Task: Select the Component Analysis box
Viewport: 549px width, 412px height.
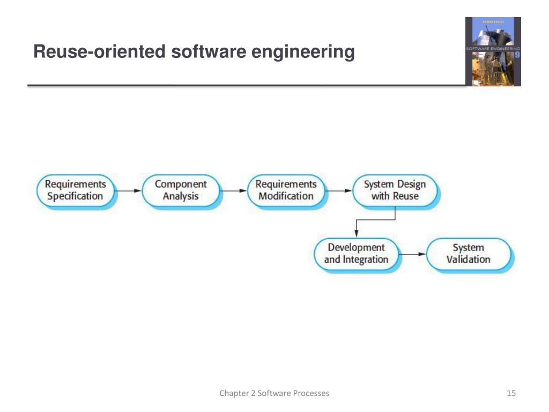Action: pos(181,190)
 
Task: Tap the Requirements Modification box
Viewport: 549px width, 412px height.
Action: pos(286,190)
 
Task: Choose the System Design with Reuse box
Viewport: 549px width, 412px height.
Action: pos(395,190)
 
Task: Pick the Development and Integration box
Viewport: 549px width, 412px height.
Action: pos(356,254)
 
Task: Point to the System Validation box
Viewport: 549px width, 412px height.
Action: pos(468,254)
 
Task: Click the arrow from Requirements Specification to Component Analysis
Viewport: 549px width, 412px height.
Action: pos(129,190)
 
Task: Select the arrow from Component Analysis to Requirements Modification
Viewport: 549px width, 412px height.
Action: pos(234,190)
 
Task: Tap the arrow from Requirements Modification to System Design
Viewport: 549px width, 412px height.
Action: pos(339,190)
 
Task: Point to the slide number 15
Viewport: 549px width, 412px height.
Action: pos(511,394)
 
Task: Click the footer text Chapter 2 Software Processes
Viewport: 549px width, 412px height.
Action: pos(274,394)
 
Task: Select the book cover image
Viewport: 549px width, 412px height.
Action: pos(493,51)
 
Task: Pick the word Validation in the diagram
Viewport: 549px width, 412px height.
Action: pos(468,260)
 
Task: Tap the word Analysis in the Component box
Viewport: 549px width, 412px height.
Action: pos(181,196)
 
